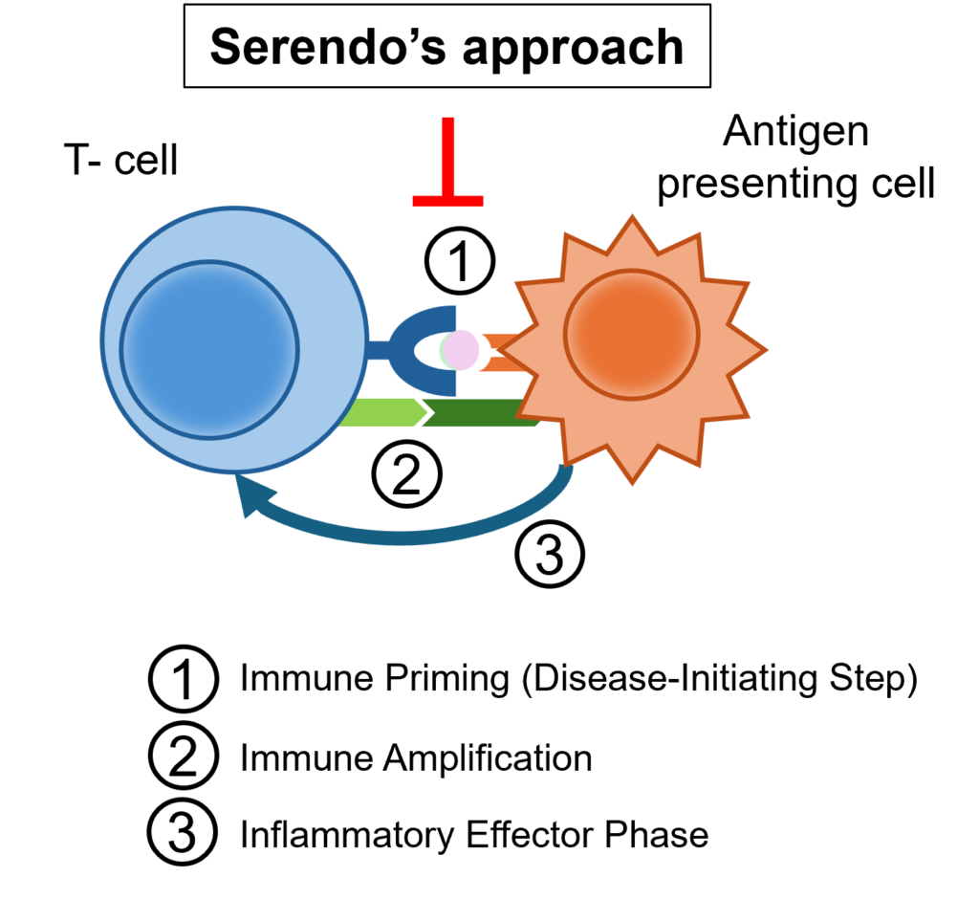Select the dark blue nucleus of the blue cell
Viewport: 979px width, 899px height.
[x=209, y=350]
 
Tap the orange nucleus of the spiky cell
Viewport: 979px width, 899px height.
[x=631, y=335]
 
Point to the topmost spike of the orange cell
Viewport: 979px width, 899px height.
[x=631, y=222]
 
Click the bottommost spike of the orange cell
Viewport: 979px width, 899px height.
[x=632, y=478]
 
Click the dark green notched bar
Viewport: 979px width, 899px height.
[x=478, y=413]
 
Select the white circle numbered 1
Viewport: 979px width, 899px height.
[x=183, y=680]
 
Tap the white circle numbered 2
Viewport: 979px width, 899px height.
[x=183, y=756]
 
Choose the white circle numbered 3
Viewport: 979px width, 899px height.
[x=183, y=831]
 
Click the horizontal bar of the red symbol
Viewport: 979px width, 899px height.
[x=447, y=201]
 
